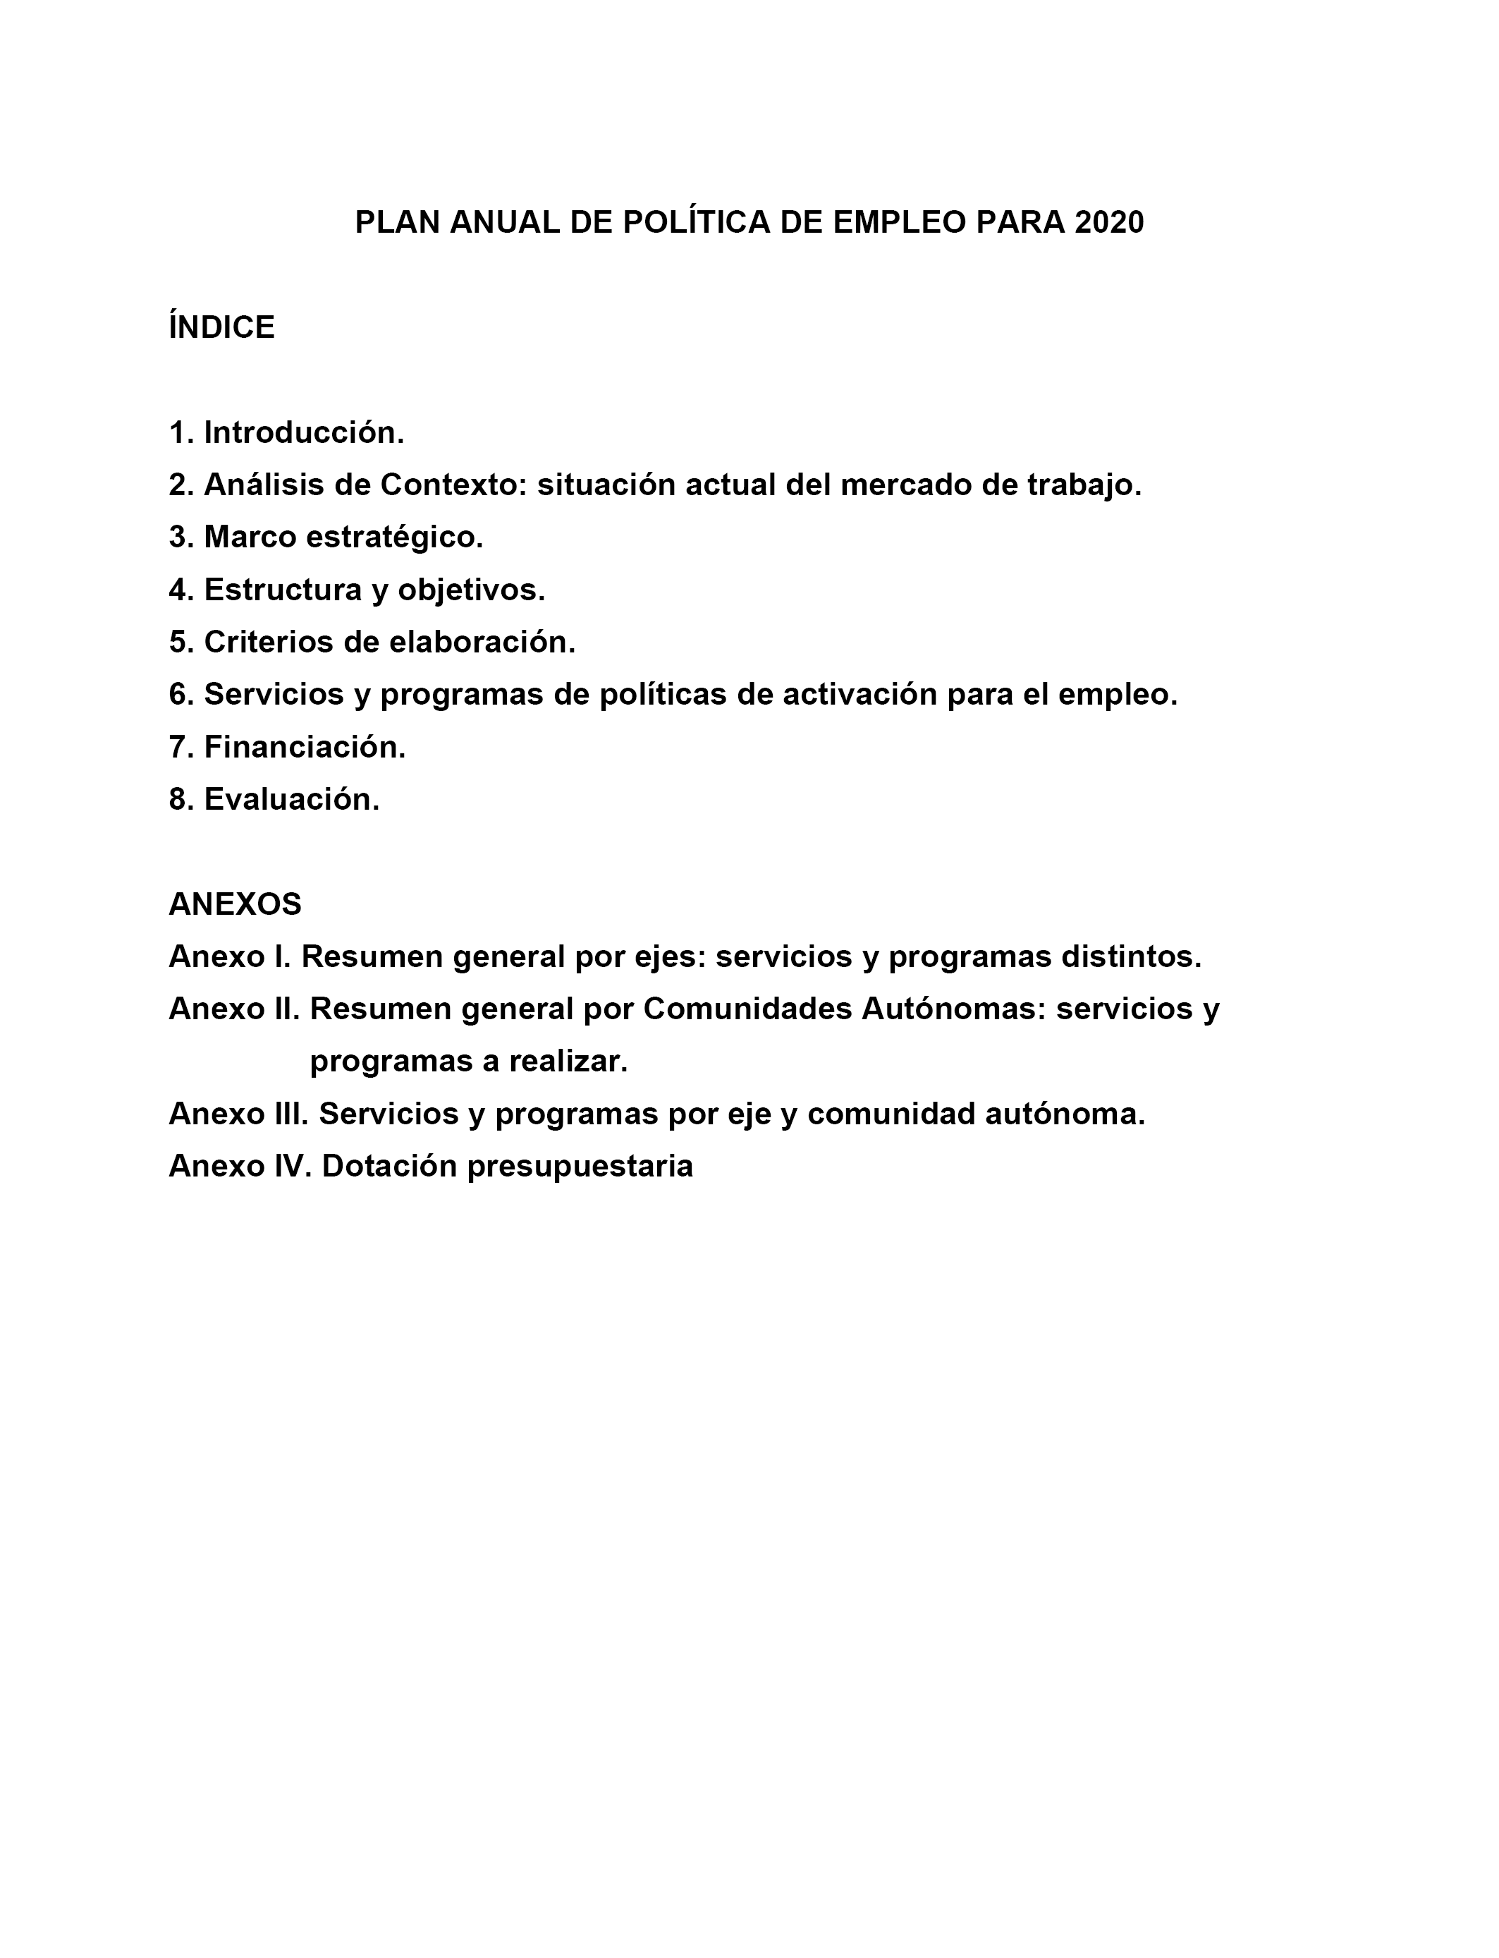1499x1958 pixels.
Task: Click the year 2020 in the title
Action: tap(1109, 222)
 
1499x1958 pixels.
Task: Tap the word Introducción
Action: tap(303, 433)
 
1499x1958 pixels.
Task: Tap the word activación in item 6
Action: tap(860, 694)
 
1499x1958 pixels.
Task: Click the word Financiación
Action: tap(305, 747)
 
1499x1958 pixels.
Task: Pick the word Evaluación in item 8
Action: tap(292, 800)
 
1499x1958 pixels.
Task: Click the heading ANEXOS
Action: tap(235, 904)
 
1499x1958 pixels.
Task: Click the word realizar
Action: tap(568, 1062)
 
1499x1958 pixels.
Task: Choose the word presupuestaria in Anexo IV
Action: tap(580, 1167)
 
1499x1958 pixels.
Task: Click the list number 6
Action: tap(181, 694)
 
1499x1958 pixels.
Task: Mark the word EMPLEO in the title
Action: tap(900, 222)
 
